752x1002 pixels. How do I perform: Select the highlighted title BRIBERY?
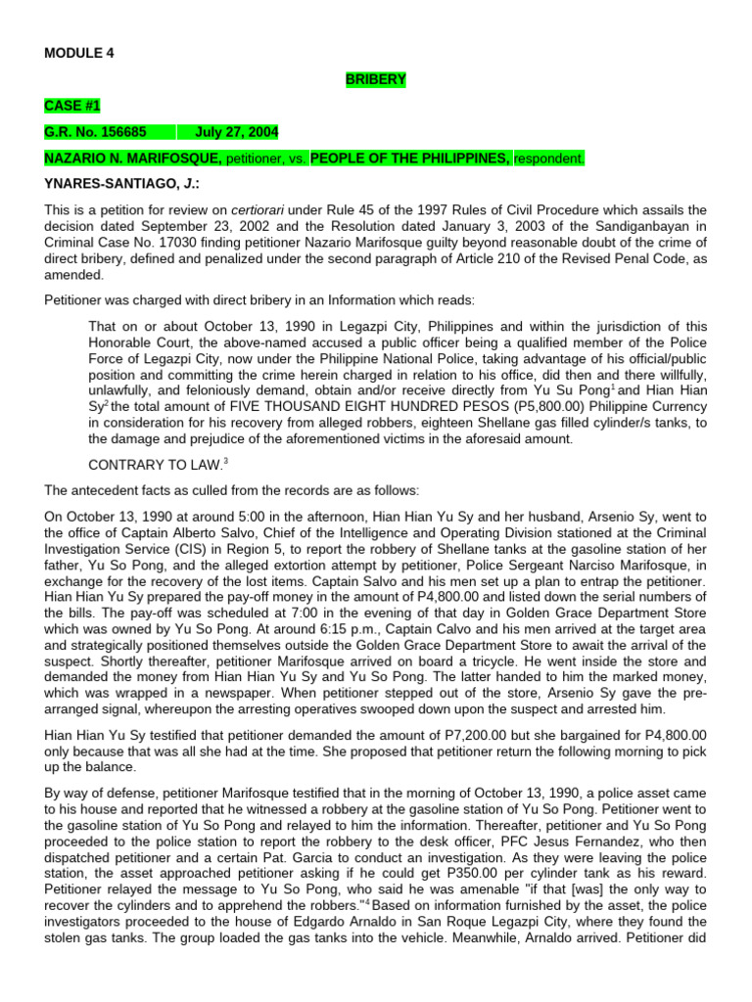click(375, 79)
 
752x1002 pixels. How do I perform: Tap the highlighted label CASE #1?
click(71, 106)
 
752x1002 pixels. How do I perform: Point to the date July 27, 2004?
click(236, 132)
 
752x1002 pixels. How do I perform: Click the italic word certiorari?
click(258, 209)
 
